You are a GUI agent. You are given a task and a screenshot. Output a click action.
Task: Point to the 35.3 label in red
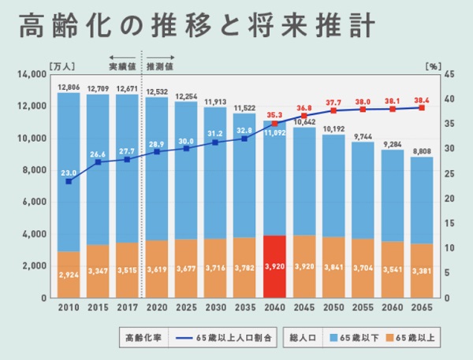[x=274, y=114]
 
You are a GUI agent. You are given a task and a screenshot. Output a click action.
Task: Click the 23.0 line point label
[x=69, y=172]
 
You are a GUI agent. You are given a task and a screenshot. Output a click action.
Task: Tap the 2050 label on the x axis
[x=333, y=308]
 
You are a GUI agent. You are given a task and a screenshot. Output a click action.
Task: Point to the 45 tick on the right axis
[x=449, y=74]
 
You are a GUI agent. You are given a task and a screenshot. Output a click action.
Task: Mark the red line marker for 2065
[x=421, y=108]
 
